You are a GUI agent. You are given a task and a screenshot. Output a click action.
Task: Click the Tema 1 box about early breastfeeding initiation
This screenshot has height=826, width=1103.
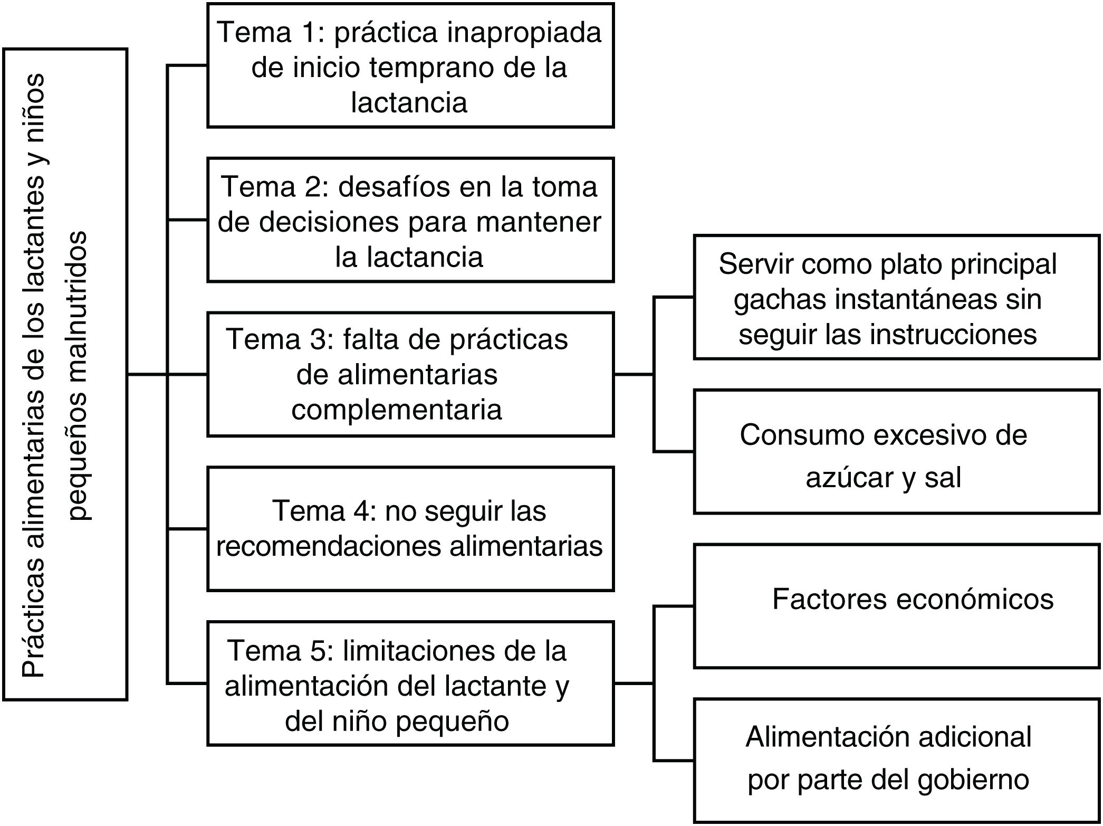coord(410,65)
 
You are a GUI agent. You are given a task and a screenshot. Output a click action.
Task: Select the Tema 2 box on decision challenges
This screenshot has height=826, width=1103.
coord(410,220)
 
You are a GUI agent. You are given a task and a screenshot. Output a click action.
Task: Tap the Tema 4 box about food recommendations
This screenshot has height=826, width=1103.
coord(410,528)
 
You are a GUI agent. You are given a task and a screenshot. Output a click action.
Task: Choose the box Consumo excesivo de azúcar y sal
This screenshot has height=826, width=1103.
coord(897,452)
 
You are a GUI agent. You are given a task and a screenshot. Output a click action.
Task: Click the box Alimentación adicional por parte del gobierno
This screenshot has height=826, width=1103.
coord(897,761)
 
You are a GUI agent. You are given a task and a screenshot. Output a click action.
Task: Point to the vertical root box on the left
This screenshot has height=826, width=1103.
coord(65,374)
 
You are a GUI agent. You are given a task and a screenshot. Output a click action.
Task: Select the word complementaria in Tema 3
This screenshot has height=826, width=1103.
coord(397,410)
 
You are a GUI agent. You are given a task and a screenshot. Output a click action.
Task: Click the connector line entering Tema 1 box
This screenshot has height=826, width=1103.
coord(187,65)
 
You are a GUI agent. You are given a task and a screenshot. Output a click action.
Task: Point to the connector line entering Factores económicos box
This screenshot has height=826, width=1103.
coord(674,606)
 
